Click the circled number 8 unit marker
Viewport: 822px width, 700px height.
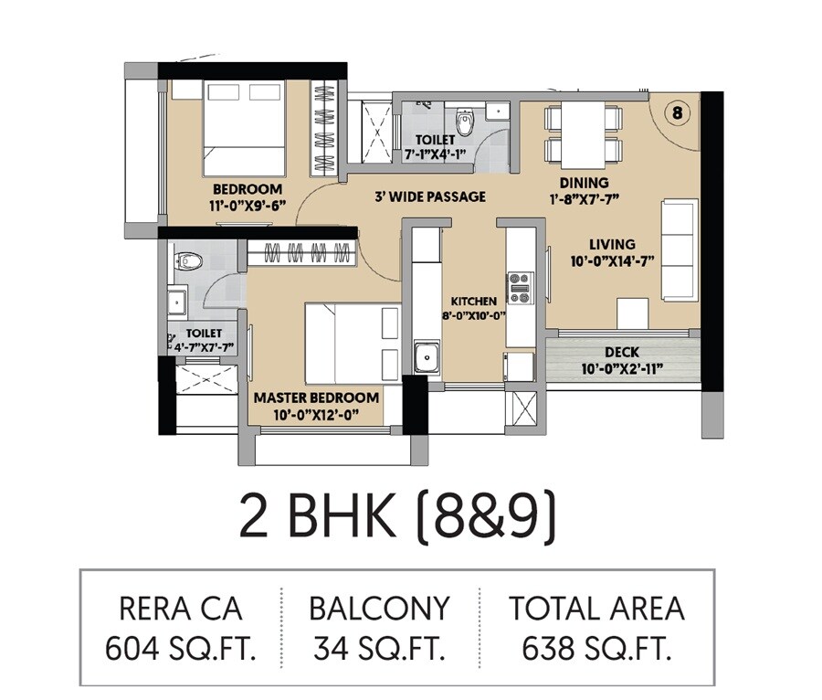point(676,113)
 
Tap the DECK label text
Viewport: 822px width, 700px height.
point(622,352)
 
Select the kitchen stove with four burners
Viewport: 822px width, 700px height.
point(520,288)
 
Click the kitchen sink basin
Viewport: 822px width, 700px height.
point(427,356)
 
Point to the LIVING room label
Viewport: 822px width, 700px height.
point(612,244)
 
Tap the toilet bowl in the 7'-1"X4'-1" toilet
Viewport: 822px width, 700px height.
point(464,122)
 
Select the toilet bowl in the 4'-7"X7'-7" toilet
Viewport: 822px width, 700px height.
point(190,260)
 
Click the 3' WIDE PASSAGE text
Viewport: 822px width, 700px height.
point(430,196)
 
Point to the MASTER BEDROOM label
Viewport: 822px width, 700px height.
point(316,398)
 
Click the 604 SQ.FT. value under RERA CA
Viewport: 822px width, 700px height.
point(181,649)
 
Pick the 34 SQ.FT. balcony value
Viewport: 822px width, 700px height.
point(379,649)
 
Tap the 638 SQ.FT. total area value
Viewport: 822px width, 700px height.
point(596,649)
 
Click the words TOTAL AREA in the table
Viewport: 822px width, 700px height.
point(596,609)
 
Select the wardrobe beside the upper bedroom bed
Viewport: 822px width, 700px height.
point(324,128)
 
